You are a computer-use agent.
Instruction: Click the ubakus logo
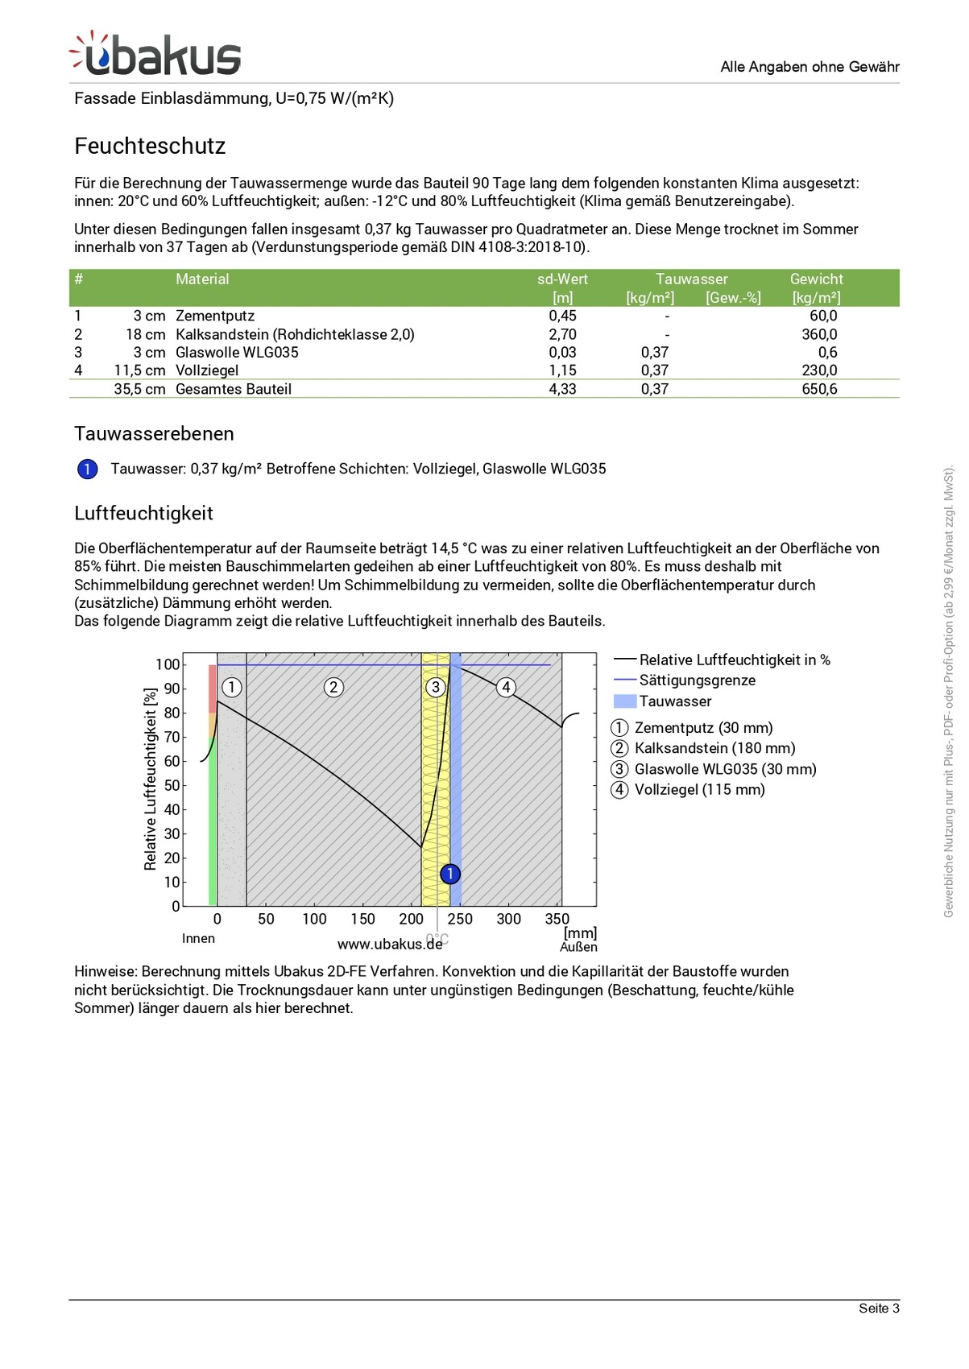[155, 55]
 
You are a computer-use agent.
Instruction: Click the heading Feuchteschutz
[150, 146]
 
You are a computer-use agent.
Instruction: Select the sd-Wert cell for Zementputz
[562, 316]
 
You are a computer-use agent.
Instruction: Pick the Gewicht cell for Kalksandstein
[819, 334]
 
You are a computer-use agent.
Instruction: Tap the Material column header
[202, 279]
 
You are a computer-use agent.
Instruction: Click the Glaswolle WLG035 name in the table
[237, 352]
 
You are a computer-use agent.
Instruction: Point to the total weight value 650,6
[819, 389]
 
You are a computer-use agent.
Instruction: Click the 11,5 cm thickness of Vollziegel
[139, 370]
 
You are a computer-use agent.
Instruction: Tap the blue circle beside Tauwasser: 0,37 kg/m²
[87, 469]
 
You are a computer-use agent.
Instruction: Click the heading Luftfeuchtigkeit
[143, 513]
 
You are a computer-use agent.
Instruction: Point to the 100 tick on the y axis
[168, 664]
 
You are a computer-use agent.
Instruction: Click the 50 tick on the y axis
[172, 785]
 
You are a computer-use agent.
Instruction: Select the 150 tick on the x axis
[362, 919]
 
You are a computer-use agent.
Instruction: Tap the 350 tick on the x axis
[557, 919]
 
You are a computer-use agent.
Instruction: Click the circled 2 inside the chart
[333, 687]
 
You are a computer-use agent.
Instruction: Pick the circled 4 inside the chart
[506, 687]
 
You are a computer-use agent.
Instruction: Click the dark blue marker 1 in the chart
[450, 873]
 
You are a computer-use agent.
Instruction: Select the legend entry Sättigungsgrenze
[697, 680]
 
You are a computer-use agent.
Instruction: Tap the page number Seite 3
[878, 1308]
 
